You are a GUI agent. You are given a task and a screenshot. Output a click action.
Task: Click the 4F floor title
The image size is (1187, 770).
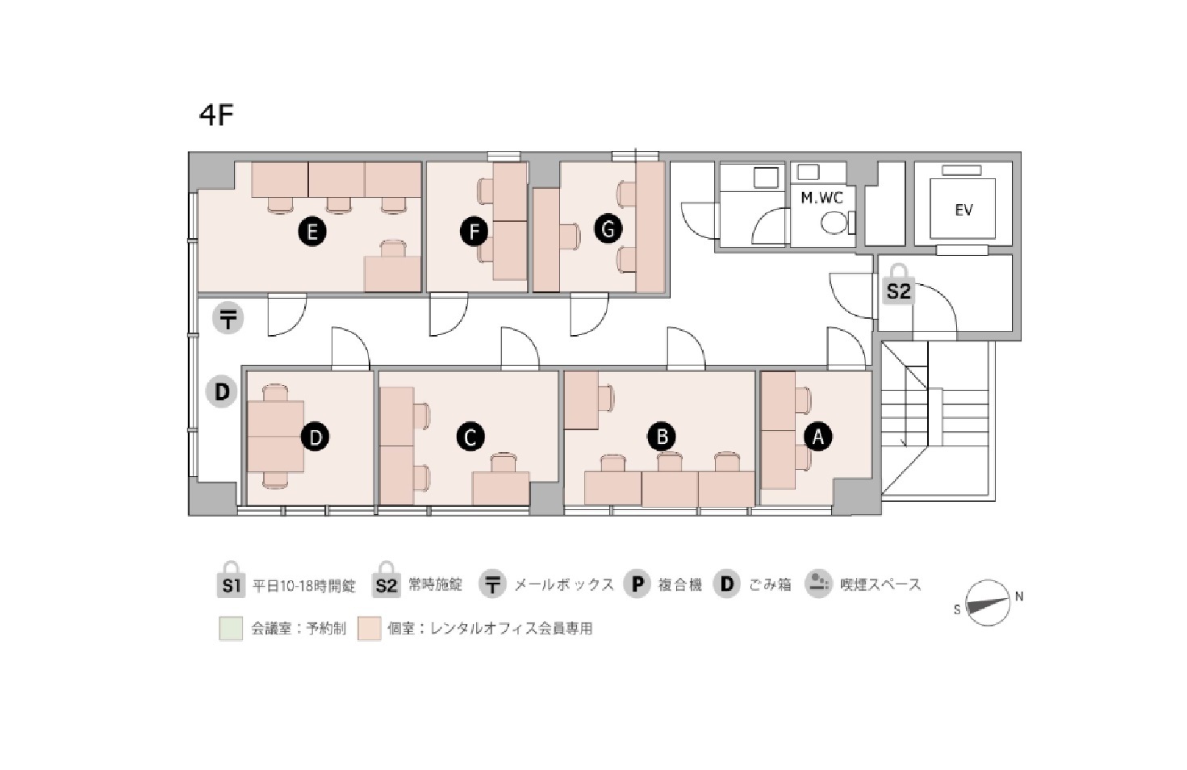click(x=215, y=115)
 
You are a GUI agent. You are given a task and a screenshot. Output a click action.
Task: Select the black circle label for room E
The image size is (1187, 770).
click(x=311, y=232)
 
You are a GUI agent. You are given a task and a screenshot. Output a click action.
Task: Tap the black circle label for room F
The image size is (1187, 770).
click(x=474, y=232)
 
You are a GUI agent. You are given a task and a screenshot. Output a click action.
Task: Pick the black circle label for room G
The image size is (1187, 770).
click(x=608, y=230)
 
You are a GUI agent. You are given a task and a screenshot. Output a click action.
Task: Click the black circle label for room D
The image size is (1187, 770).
click(x=315, y=437)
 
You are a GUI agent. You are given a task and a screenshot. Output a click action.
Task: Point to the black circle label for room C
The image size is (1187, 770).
click(x=470, y=437)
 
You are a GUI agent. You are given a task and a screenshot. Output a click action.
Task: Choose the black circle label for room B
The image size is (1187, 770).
click(x=662, y=437)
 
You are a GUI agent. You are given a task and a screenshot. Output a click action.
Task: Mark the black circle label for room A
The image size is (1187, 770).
click(x=818, y=437)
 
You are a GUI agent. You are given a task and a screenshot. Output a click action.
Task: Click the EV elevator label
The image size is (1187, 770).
click(x=963, y=210)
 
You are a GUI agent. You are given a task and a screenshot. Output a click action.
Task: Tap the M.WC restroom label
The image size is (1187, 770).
click(x=821, y=198)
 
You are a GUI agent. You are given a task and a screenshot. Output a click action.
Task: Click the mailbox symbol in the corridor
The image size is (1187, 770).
click(x=228, y=319)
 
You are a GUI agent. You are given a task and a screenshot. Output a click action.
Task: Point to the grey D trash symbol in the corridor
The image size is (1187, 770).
click(x=222, y=392)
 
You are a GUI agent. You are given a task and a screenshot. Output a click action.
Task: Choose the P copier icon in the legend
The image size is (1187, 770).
click(x=637, y=584)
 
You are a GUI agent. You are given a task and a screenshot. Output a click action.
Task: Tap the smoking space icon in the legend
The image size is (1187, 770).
click(x=818, y=584)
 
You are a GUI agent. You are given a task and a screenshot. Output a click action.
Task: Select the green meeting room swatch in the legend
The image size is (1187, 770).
click(x=231, y=629)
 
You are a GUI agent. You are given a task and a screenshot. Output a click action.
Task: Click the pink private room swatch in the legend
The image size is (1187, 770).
click(x=370, y=629)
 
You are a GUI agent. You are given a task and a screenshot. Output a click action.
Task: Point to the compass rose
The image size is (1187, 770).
click(x=988, y=603)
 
